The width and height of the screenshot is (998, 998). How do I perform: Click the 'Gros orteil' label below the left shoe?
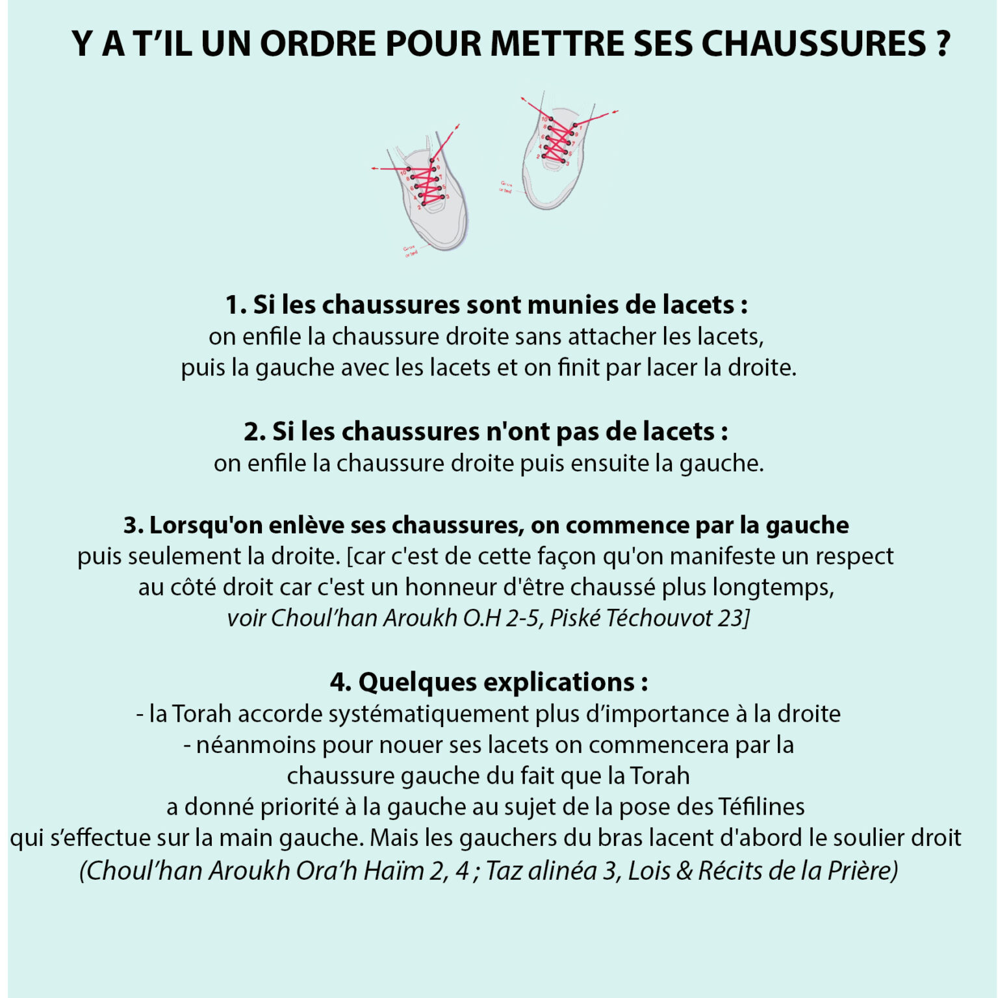point(410,251)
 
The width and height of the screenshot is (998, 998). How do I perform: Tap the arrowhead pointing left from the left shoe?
point(374,169)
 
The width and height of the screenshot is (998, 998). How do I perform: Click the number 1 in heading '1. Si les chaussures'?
point(232,305)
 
